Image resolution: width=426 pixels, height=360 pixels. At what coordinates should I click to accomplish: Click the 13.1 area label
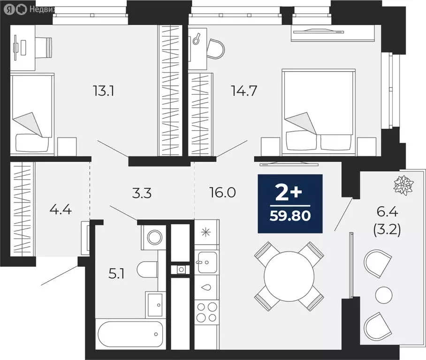pyautogui.click(x=104, y=90)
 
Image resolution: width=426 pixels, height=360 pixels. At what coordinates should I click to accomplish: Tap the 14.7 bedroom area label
pyautogui.click(x=243, y=90)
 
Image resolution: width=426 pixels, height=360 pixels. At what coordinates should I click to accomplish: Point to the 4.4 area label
pyautogui.click(x=61, y=209)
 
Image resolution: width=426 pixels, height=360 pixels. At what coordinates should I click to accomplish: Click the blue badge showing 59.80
pyautogui.click(x=290, y=203)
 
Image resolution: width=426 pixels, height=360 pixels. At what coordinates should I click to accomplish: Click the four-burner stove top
pyautogui.click(x=207, y=312)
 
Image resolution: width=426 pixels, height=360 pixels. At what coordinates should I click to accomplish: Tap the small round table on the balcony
pyautogui.click(x=384, y=294)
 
